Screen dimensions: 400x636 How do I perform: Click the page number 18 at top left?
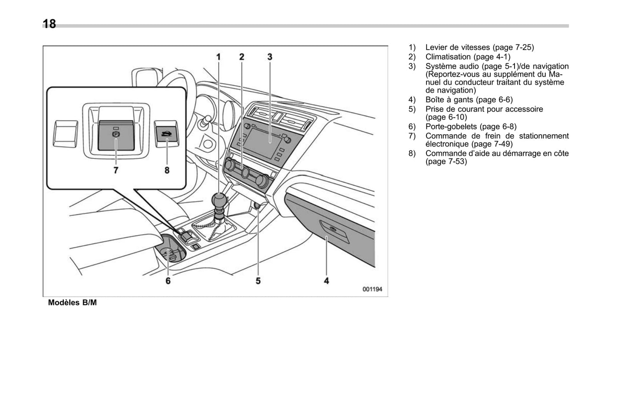pos(49,24)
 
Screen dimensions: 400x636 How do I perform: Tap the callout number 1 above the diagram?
pos(218,57)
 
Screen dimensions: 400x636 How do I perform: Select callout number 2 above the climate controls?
pos(242,57)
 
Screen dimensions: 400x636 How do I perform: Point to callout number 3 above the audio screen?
pos(270,57)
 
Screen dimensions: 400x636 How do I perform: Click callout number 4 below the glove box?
pos(327,280)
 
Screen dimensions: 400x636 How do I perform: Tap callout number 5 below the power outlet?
pos(258,280)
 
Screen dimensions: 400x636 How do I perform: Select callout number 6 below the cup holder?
pos(168,280)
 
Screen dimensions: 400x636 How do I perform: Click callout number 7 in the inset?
pos(116,170)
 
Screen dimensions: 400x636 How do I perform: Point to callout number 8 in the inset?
pos(167,170)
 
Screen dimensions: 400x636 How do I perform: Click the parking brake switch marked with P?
pos(115,135)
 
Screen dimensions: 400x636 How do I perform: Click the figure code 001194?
pos(372,289)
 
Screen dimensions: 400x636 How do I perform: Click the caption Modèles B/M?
pos(72,303)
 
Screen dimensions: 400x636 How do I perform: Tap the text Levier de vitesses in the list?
pos(457,48)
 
